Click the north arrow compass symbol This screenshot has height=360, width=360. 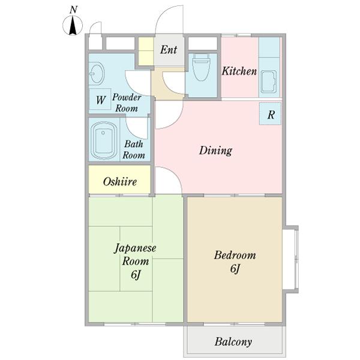click(x=73, y=25)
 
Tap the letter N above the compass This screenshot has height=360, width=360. click(x=73, y=10)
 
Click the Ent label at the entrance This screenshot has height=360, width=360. click(x=169, y=50)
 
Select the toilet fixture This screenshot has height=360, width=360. click(x=201, y=67)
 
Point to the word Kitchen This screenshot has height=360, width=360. click(x=239, y=71)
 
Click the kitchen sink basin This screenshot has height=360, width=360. click(x=269, y=81)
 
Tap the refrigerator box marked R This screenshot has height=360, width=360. click(x=270, y=113)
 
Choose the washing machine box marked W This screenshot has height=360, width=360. click(x=100, y=100)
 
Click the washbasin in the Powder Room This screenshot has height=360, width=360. click(x=97, y=73)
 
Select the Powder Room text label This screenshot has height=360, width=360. click(x=127, y=103)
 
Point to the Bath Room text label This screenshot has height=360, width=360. click(x=134, y=149)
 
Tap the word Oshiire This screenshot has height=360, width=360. click(x=120, y=182)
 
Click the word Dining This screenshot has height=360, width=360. click(x=215, y=151)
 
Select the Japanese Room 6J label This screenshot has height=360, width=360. click(x=135, y=261)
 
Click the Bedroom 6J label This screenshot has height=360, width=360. click(x=235, y=262)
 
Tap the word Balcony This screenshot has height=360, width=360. click(x=233, y=341)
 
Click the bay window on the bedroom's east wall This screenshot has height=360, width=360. click(x=292, y=259)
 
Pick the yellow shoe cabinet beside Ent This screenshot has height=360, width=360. click(x=146, y=51)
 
